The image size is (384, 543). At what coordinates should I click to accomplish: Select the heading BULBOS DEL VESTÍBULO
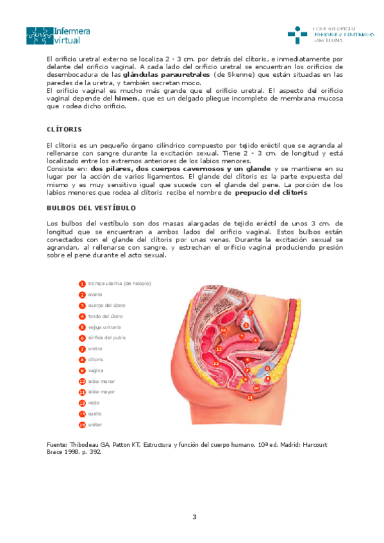click(90, 207)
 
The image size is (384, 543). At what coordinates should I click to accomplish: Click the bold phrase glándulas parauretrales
click(167, 74)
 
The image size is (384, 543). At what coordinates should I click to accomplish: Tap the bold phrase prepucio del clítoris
click(271, 192)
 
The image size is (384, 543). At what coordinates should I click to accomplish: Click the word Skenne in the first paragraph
click(238, 74)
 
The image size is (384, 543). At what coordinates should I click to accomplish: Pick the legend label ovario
click(96, 294)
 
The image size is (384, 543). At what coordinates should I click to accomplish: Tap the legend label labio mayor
click(101, 392)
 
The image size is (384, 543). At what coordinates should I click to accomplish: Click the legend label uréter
click(96, 425)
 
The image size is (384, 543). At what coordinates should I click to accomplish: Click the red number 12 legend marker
click(82, 403)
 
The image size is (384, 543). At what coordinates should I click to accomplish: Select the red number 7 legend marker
click(82, 348)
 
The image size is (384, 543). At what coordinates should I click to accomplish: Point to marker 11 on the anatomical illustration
click(250, 397)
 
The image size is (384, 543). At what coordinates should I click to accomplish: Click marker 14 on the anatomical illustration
click(223, 330)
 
